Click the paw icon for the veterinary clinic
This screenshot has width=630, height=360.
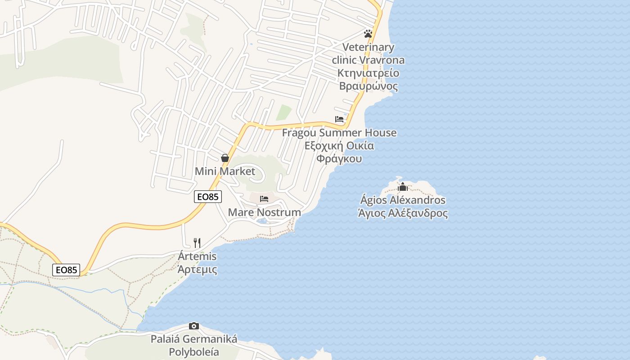tap(368, 34)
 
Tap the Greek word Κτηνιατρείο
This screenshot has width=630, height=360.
tap(368, 73)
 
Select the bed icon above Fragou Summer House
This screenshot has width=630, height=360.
tap(339, 119)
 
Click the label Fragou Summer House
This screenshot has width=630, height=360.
tap(339, 133)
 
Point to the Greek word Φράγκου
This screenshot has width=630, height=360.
tap(339, 159)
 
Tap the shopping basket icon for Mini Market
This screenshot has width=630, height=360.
tap(225, 158)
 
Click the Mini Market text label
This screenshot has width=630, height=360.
tap(225, 171)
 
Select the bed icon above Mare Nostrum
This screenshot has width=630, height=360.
tap(264, 198)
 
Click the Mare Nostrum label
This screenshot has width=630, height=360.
tap(265, 212)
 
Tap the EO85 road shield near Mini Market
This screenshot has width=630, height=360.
tap(208, 197)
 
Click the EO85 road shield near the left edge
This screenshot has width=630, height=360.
tap(66, 270)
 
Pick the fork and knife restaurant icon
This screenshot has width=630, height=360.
tap(197, 243)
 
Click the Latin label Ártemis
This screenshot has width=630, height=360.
tap(197, 256)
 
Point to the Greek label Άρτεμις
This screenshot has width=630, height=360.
tap(197, 270)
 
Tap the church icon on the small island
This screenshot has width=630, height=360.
tap(403, 187)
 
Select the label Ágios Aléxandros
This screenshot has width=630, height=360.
tap(403, 200)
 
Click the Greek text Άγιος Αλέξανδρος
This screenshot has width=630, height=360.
tap(403, 213)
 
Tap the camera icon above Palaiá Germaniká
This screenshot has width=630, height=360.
tap(194, 326)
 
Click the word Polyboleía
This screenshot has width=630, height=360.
tap(194, 352)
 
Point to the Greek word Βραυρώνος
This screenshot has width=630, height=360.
tap(368, 86)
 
